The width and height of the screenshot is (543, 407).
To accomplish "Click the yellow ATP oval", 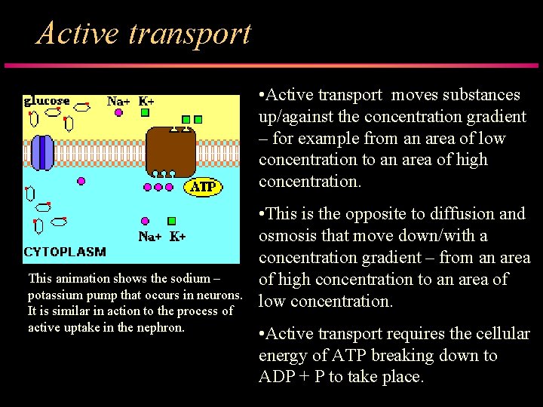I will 204,186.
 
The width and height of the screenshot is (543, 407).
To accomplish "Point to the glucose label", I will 47,100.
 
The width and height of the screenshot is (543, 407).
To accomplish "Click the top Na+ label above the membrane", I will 119,100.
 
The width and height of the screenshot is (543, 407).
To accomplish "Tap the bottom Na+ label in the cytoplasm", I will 150,236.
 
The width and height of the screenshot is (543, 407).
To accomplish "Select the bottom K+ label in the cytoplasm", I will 177,236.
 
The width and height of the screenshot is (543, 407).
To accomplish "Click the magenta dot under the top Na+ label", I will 118,113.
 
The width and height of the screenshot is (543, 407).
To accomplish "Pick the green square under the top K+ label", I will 145,113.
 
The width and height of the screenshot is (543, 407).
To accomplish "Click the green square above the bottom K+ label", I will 171,221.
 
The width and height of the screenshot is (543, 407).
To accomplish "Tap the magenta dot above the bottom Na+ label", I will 145,221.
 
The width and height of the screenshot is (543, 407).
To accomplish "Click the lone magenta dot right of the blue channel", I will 81,181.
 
